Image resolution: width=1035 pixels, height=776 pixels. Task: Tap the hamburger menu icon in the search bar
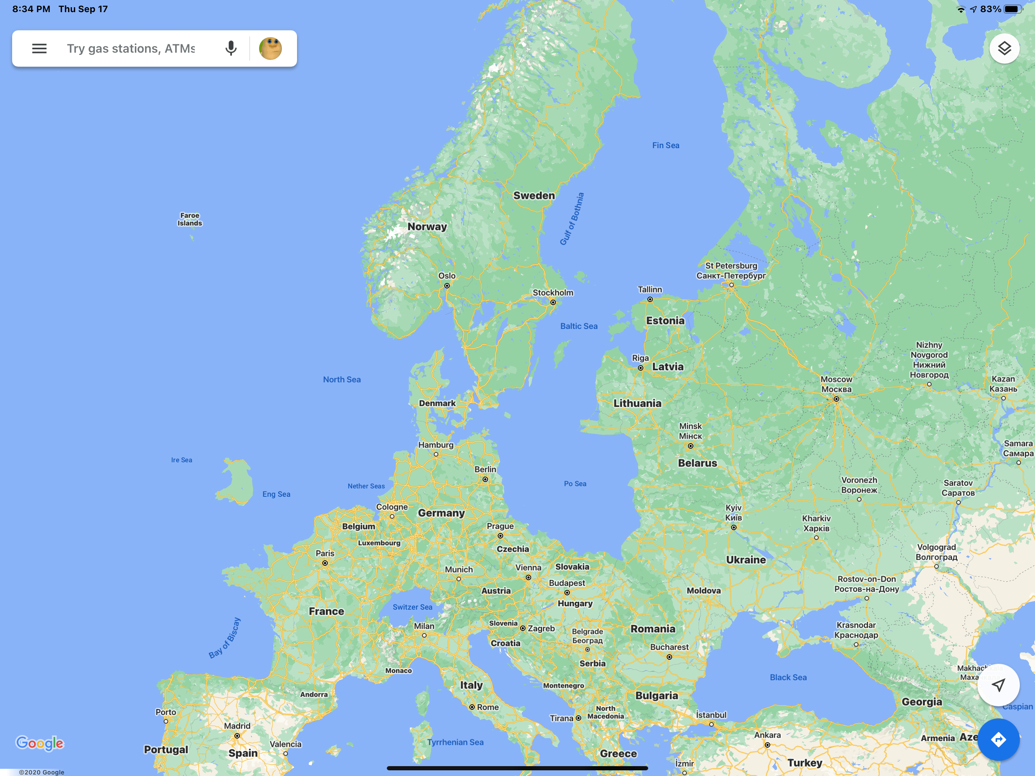(x=39, y=48)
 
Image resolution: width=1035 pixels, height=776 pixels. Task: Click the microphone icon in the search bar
(x=231, y=48)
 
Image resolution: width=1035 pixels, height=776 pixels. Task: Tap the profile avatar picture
(x=270, y=48)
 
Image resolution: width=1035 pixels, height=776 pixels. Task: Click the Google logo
(x=40, y=743)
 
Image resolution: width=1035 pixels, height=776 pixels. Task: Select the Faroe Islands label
(x=189, y=219)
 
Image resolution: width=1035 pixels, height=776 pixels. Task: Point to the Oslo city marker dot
(x=447, y=285)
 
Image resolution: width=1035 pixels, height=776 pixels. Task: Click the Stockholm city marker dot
(x=553, y=302)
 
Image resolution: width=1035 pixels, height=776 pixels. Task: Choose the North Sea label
(x=342, y=380)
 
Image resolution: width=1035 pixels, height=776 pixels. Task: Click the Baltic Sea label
(x=579, y=326)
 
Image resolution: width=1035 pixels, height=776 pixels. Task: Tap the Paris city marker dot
(x=325, y=563)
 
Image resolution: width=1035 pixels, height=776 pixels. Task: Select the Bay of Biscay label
(x=225, y=638)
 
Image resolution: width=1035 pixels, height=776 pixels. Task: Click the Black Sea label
(x=788, y=677)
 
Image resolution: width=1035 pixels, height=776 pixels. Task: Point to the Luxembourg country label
(x=379, y=543)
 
